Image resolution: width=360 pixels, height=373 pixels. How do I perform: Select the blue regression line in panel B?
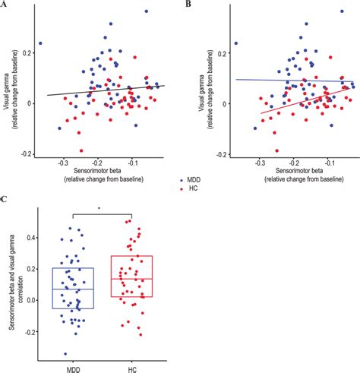tap(289, 80)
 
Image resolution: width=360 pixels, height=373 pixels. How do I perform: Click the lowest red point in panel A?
tap(81, 150)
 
